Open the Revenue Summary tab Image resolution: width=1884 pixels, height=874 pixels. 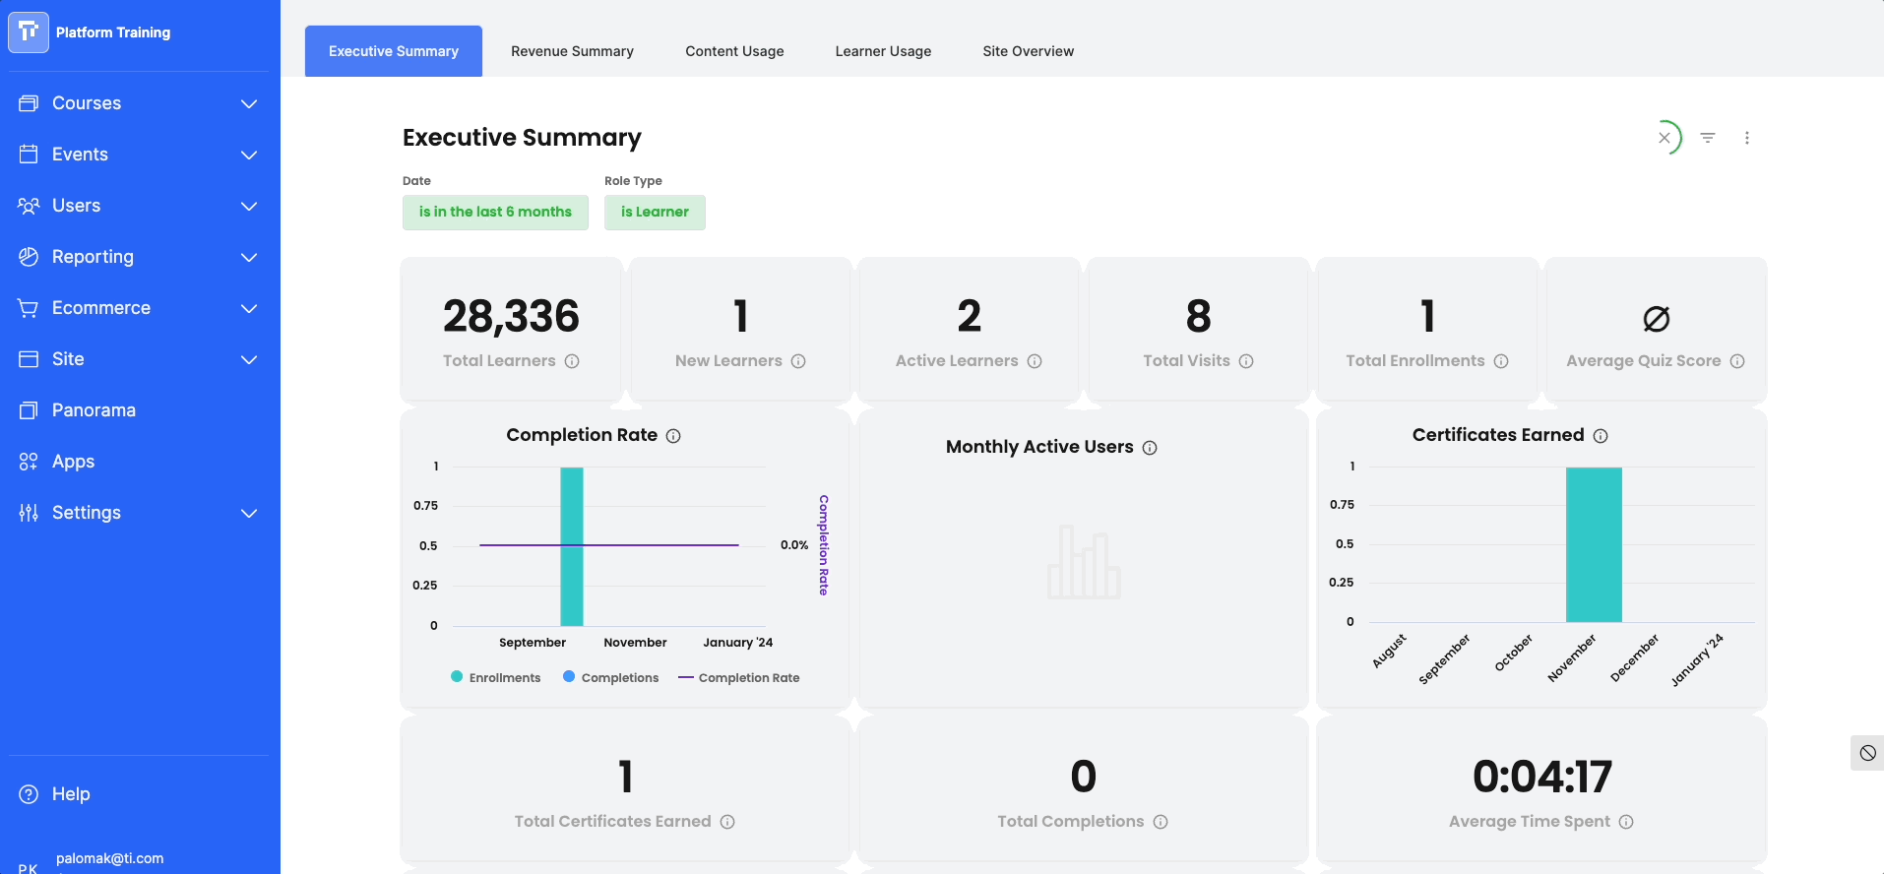pos(572,51)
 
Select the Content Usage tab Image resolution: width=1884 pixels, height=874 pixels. pos(734,51)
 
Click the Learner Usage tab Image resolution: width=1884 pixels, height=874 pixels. pos(883,51)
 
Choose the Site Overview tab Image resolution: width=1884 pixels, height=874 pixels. pos(1028,51)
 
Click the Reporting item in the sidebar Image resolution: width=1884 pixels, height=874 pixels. pos(93,257)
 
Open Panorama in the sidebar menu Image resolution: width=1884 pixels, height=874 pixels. pos(94,410)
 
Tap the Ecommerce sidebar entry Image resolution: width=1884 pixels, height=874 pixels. pos(101,308)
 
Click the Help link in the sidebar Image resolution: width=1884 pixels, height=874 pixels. pos(71,794)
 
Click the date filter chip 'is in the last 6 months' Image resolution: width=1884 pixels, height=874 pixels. pos(495,212)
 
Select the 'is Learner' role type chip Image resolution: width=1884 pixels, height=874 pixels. pos(655,212)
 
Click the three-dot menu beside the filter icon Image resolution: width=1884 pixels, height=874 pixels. pos(1747,138)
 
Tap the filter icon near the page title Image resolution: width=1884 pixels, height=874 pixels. pos(1708,138)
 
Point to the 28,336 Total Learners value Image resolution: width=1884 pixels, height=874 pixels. pos(511,316)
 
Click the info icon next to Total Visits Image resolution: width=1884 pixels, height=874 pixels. pos(1246,361)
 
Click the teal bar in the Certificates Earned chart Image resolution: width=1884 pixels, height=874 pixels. pos(1594,544)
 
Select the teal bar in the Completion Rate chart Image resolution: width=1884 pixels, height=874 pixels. pos(572,546)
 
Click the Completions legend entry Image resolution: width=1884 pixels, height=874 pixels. pos(610,677)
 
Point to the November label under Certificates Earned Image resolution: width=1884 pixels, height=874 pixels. pos(1572,657)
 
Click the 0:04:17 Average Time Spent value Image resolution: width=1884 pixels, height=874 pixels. pos(1541,777)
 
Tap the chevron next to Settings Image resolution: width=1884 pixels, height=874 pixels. pos(249,513)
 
